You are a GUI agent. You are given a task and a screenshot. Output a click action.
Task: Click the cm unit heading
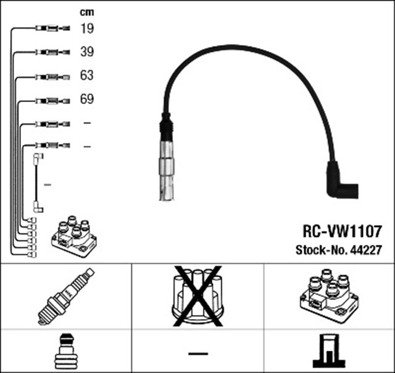tap(86, 12)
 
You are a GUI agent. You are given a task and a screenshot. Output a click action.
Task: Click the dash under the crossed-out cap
tap(197, 353)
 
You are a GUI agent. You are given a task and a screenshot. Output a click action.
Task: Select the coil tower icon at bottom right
tap(329, 351)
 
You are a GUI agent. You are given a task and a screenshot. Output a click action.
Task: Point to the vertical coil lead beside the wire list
tap(38, 184)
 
